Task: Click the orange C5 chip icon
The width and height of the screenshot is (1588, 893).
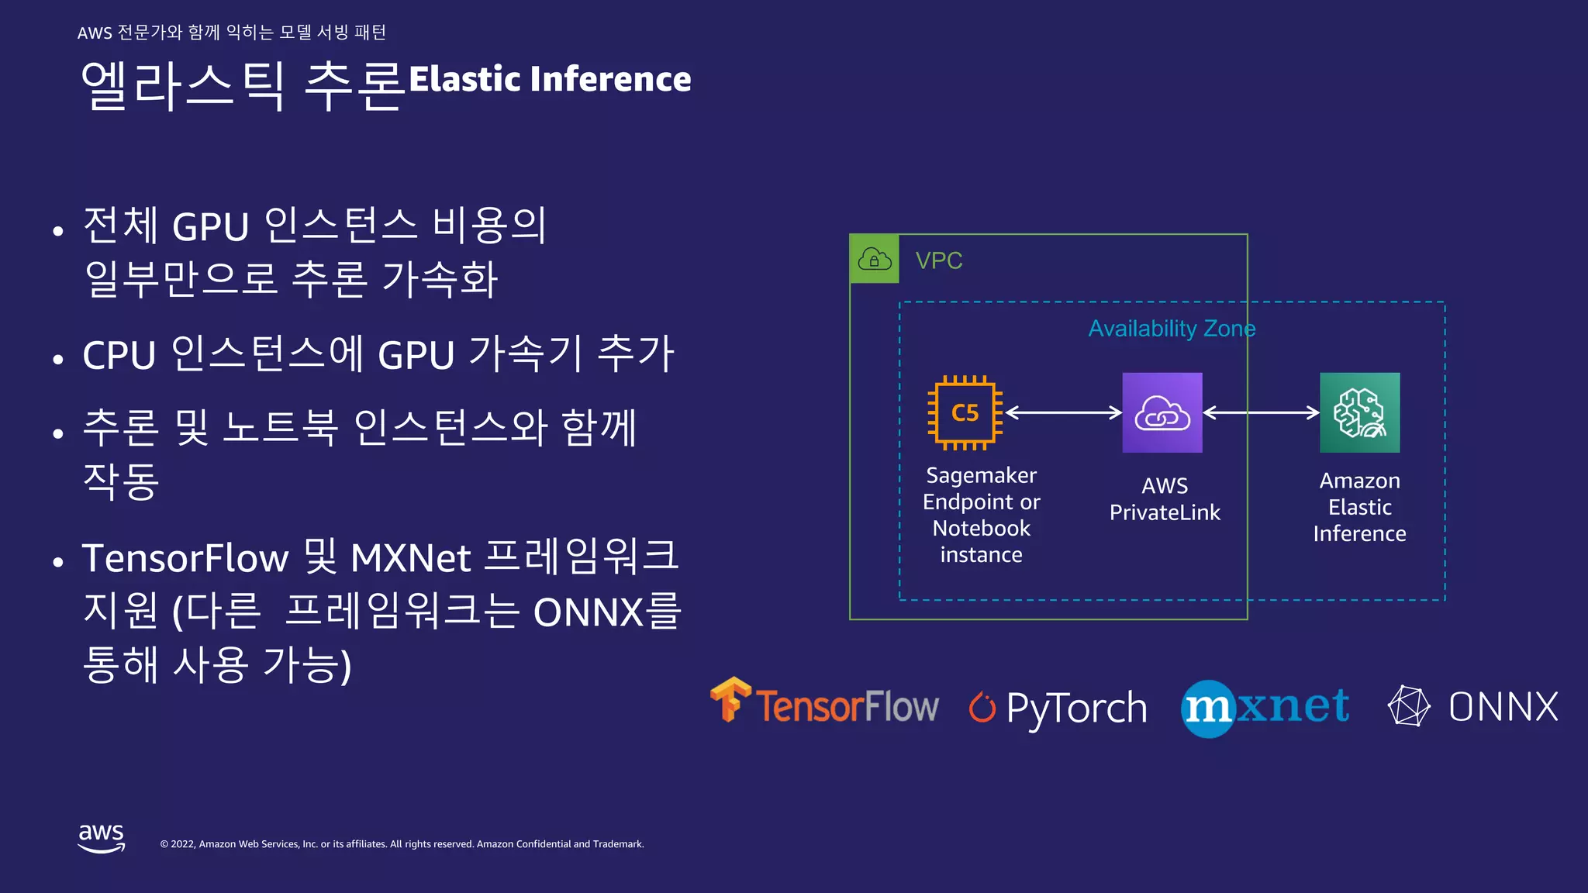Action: click(965, 412)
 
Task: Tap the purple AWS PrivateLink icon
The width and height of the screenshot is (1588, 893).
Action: click(1162, 412)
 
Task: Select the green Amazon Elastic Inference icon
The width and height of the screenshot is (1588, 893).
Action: click(1359, 412)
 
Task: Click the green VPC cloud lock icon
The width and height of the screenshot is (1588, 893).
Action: click(875, 259)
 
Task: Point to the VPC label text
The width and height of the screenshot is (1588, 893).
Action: click(938, 260)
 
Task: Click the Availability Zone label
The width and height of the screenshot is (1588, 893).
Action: click(1171, 329)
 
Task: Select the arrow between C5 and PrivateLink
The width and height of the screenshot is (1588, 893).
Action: click(1063, 412)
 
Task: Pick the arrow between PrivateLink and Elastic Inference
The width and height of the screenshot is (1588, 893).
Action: click(1261, 412)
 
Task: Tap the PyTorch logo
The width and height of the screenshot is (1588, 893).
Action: click(1058, 707)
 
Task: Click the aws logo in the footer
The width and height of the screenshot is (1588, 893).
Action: click(102, 838)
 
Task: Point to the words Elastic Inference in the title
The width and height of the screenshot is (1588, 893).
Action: click(550, 79)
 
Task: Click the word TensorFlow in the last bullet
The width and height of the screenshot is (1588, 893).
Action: click(185, 558)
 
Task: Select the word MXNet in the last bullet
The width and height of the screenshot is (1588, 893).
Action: click(411, 558)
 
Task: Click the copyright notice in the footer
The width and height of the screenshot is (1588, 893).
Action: click(402, 844)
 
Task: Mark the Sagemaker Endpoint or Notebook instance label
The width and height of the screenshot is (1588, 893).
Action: click(981, 515)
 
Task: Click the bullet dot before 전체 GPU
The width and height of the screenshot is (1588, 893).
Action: click(58, 231)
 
